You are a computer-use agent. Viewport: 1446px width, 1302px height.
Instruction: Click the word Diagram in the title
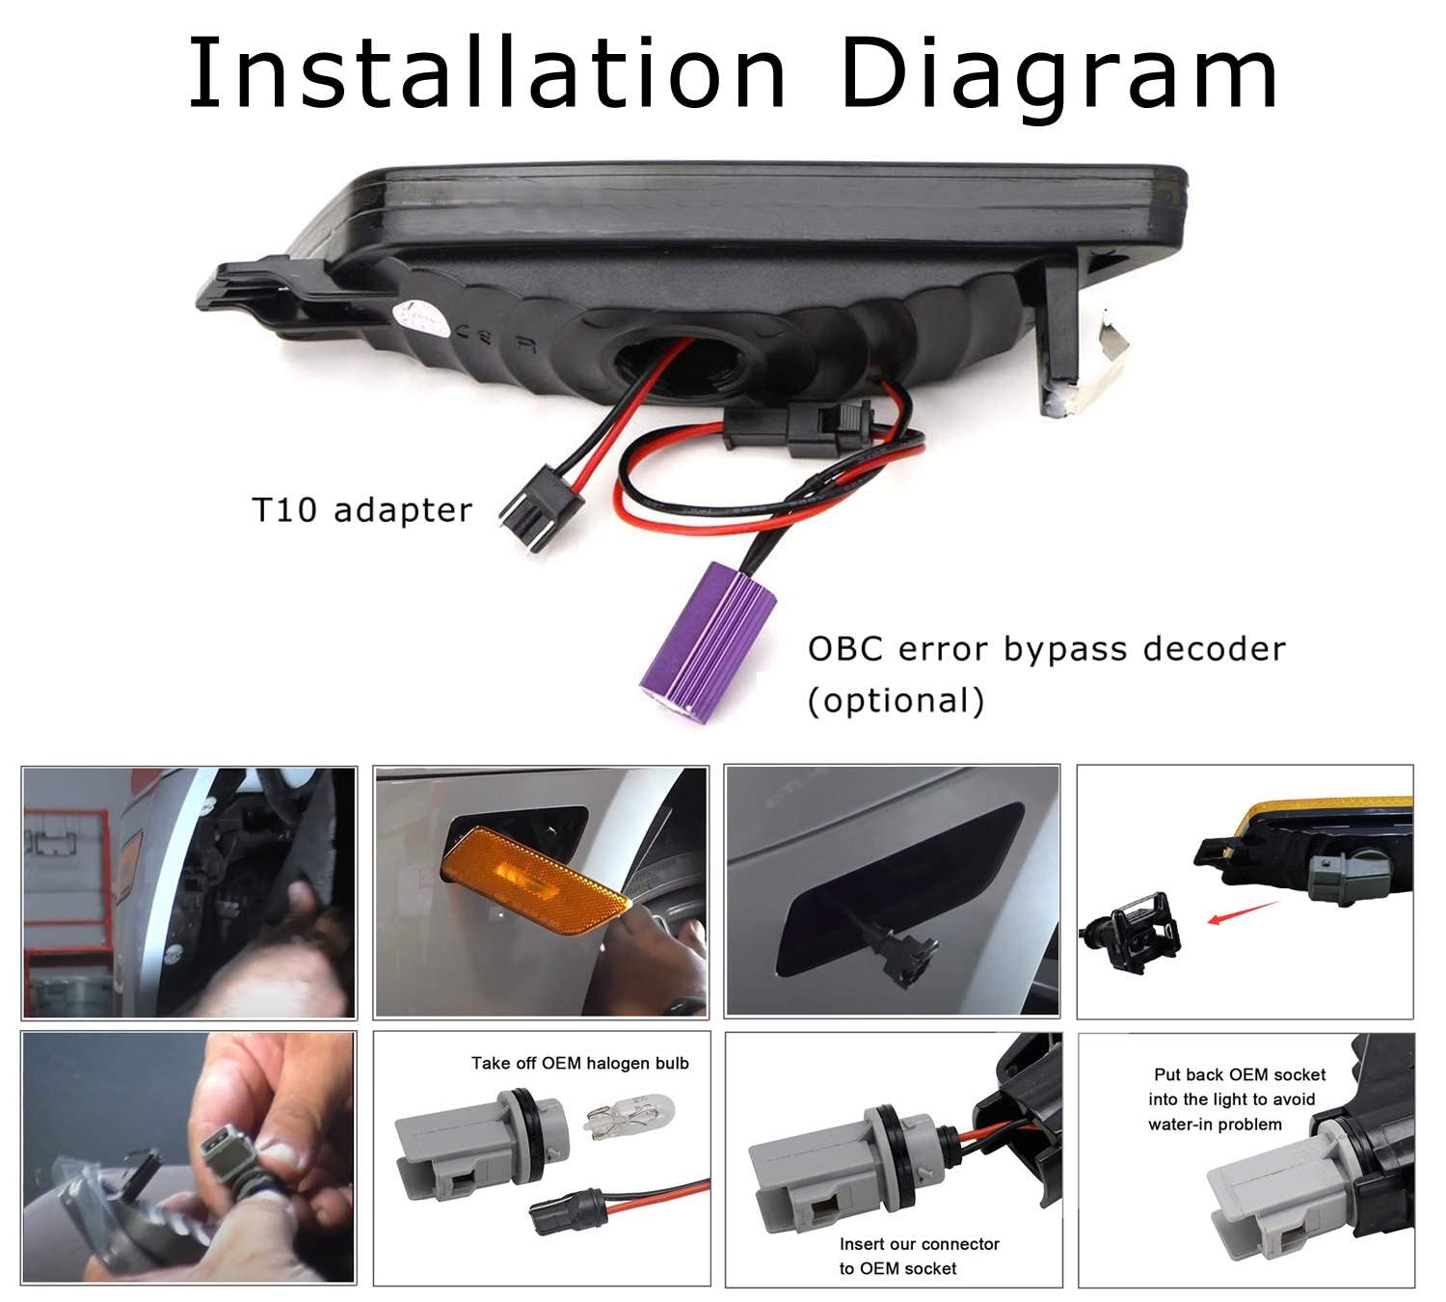tap(1058, 79)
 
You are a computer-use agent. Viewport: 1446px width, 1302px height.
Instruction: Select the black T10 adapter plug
tap(542, 508)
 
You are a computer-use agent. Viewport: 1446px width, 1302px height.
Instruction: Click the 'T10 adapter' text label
tap(361, 510)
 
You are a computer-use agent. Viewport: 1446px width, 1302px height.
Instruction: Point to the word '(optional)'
tap(896, 700)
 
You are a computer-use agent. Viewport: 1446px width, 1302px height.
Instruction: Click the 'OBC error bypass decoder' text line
tap(1047, 649)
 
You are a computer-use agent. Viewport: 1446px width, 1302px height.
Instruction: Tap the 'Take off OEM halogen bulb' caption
tap(579, 1063)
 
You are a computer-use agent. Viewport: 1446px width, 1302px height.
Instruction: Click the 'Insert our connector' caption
tap(919, 1243)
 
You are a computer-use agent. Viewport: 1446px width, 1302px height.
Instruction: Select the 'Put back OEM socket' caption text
tap(1240, 1074)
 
